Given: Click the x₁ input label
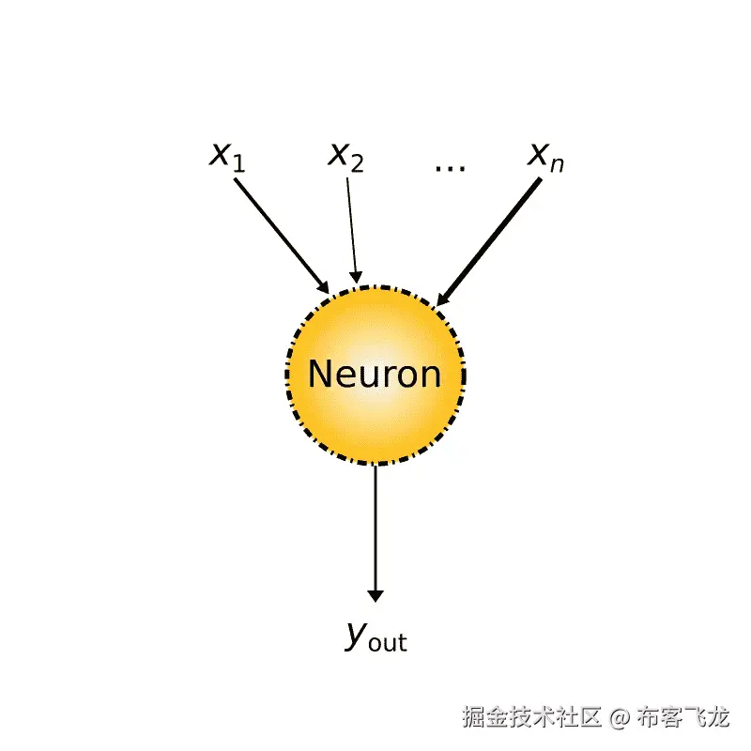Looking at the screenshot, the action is tap(226, 155).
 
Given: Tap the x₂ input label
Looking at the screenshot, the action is tap(345, 155).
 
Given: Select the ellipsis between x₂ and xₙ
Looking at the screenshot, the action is tap(451, 166).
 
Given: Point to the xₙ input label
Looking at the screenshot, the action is tap(545, 155).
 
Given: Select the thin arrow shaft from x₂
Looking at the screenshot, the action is tap(351, 225).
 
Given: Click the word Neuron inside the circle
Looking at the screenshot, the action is tap(375, 375).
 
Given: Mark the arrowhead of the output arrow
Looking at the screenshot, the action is tap(375, 594).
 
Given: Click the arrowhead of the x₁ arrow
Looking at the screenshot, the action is tap(323, 286).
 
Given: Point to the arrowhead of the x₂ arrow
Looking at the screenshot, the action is tap(356, 276).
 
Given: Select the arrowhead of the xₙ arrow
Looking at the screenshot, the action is tap(442, 298).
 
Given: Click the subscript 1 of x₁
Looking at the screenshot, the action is tap(238, 163).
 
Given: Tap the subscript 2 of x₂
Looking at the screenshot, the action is tap(358, 163).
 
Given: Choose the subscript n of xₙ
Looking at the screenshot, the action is tap(558, 163).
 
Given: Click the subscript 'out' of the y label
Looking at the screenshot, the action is tap(388, 643).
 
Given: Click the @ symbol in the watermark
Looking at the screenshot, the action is tap(618, 719).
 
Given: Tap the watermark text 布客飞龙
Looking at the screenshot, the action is tap(682, 719).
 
